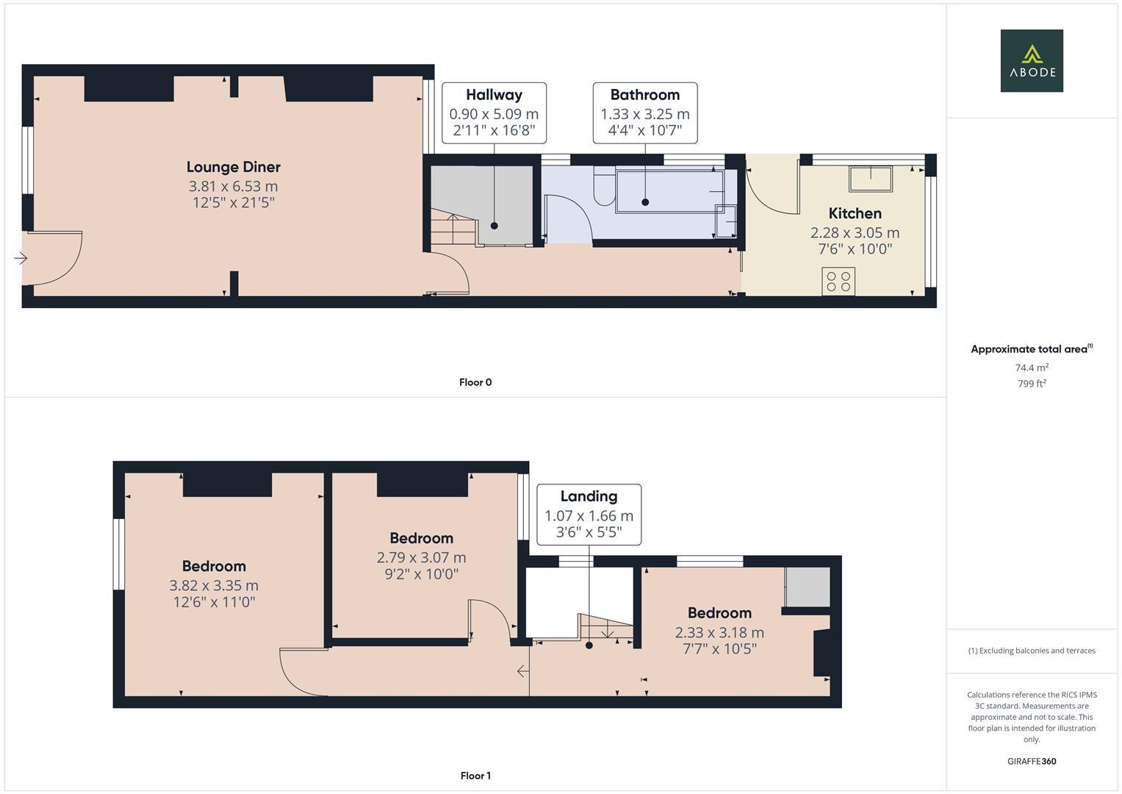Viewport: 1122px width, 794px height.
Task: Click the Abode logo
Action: pyautogui.click(x=1031, y=61)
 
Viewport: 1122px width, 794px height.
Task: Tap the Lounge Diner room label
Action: pyautogui.click(x=233, y=168)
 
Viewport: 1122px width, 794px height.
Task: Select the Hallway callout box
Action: pyautogui.click(x=494, y=113)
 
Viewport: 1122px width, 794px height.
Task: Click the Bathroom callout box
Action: pyautogui.click(x=644, y=113)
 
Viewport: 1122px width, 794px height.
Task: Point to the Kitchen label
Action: pyautogui.click(x=855, y=214)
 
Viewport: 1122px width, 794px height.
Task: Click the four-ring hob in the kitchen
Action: pyautogui.click(x=838, y=282)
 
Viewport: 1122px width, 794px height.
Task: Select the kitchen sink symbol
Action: pyautogui.click(x=871, y=179)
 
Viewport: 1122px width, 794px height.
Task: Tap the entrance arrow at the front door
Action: pyautogui.click(x=21, y=258)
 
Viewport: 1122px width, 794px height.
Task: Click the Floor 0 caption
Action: pyautogui.click(x=475, y=382)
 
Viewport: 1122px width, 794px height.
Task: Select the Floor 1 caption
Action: pyautogui.click(x=475, y=776)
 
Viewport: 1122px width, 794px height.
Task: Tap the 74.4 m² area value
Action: pyautogui.click(x=1031, y=368)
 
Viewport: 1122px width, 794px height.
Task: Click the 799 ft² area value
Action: pyautogui.click(x=1031, y=384)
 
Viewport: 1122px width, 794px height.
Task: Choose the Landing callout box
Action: pyautogui.click(x=589, y=515)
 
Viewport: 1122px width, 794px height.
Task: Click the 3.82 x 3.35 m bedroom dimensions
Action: pyautogui.click(x=214, y=586)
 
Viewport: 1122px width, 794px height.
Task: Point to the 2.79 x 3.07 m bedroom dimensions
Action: pyautogui.click(x=421, y=558)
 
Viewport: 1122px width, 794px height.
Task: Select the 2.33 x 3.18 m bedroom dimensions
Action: pyautogui.click(x=719, y=633)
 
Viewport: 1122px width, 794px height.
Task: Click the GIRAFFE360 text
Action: pyautogui.click(x=1031, y=762)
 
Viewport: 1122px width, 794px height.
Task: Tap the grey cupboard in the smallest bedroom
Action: pyautogui.click(x=808, y=587)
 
